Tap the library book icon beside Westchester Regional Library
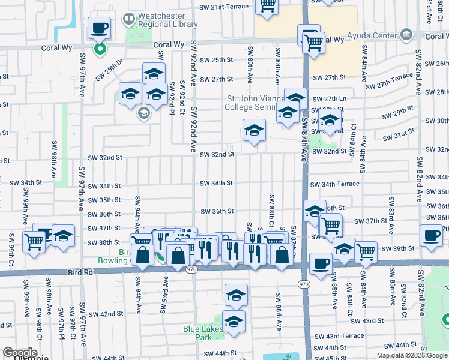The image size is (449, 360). pos(129,19)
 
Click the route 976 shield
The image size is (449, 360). pos(191,270)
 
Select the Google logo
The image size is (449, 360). pos(20,353)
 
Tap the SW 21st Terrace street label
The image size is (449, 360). pos(224,7)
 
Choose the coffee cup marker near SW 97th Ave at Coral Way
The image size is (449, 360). pos(100,27)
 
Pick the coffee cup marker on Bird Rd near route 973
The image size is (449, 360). pos(321,263)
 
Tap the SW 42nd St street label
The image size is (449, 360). pos(106,314)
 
